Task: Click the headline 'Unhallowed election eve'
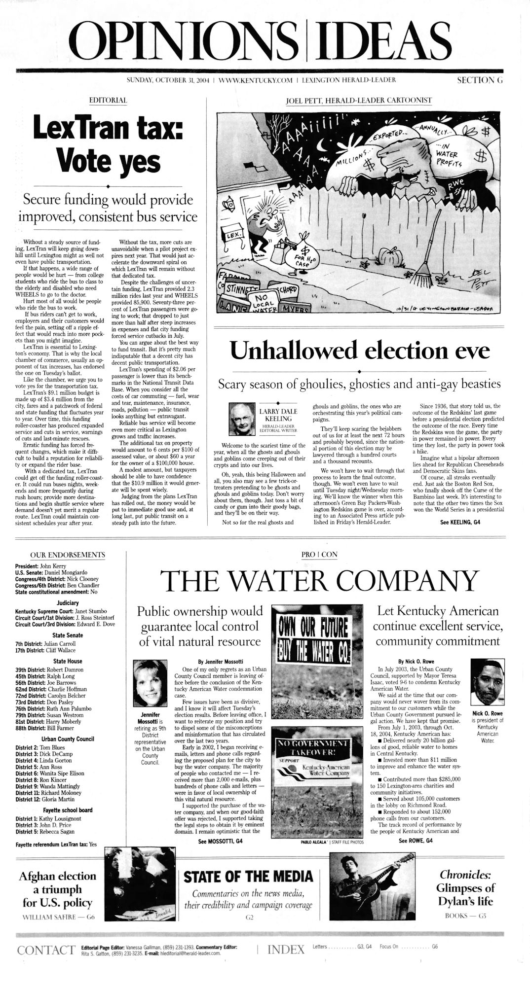[x=360, y=351]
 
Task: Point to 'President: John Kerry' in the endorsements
[x=41, y=566]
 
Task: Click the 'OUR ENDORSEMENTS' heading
[x=68, y=555]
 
